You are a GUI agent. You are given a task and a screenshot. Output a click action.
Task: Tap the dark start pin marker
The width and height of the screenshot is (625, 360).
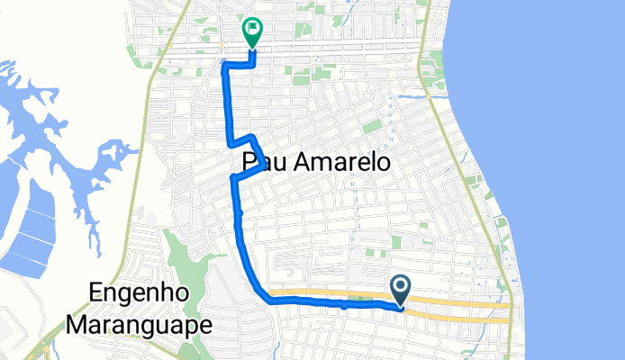point(401,289)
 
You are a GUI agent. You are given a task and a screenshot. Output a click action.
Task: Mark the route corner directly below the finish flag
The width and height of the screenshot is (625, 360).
point(253,63)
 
